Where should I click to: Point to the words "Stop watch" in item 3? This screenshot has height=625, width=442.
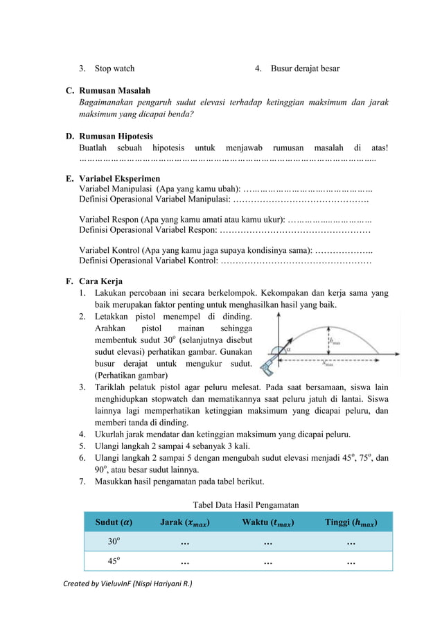point(114,69)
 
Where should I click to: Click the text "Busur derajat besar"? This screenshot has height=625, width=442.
point(305,69)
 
